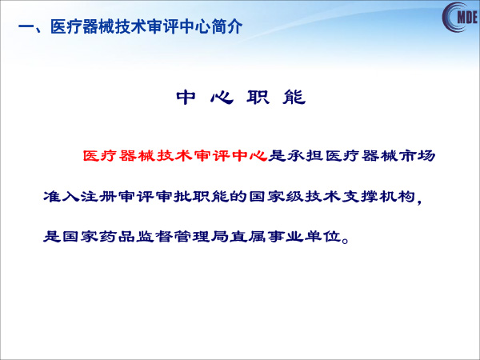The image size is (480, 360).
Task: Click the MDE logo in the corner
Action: pyautogui.click(x=460, y=17)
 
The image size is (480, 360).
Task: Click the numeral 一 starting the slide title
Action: pyautogui.click(x=26, y=27)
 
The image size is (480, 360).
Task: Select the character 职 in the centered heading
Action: pyautogui.click(x=258, y=98)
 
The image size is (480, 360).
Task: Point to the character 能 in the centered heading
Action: pyautogui.click(x=294, y=98)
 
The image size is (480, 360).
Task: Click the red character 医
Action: pyautogui.click(x=91, y=156)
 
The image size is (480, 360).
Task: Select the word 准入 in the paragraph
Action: pyautogui.click(x=62, y=196)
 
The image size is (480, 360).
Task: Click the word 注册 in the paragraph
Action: pyautogui.click(x=98, y=196)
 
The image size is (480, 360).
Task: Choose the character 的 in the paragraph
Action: pyautogui.click(x=238, y=196)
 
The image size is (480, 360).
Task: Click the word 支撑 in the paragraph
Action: pyautogui.click(x=359, y=196)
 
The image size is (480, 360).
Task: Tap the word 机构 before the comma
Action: pyautogui.click(x=397, y=196)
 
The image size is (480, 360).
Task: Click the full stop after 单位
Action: pyautogui.click(x=346, y=240)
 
